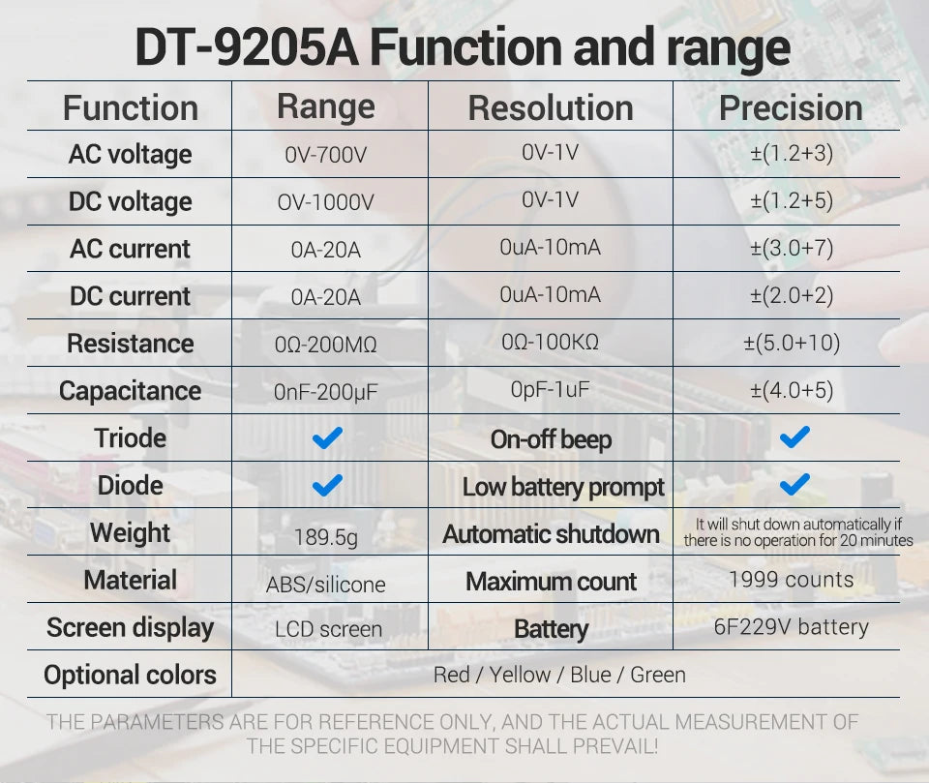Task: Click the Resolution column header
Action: pos(551,107)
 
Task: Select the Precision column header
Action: pos(791,107)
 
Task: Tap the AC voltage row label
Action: pos(130,154)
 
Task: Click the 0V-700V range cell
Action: pos(326,155)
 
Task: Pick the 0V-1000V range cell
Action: pos(326,202)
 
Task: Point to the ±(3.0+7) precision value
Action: pos(792,248)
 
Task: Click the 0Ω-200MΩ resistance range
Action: pos(326,344)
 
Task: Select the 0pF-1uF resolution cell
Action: pos(551,389)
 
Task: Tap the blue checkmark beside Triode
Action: pos(328,438)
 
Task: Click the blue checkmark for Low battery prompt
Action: pos(794,484)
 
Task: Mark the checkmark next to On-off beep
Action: pos(794,437)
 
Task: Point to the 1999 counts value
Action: pos(792,580)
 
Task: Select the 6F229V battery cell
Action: pos(792,627)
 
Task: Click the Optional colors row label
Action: pos(130,675)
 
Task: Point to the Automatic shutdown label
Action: pos(551,533)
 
